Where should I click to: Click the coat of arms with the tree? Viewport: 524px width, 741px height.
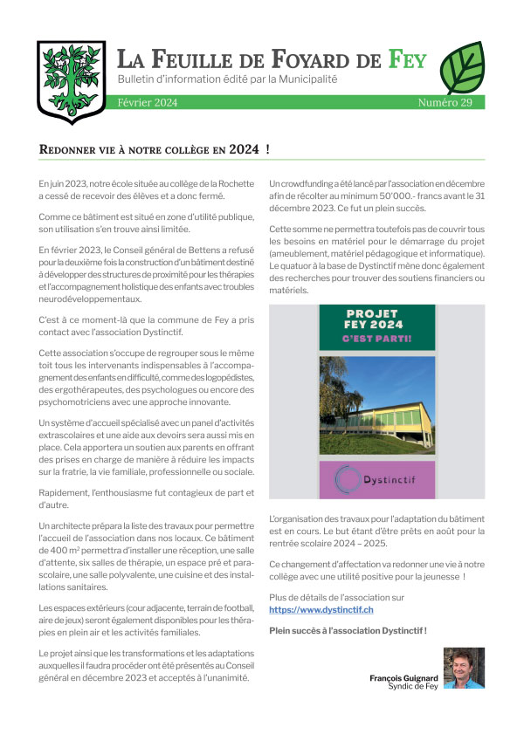(x=71, y=81)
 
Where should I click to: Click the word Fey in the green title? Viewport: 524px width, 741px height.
(x=408, y=60)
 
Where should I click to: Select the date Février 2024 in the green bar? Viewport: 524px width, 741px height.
(x=148, y=103)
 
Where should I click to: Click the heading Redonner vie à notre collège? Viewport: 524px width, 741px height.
(x=155, y=149)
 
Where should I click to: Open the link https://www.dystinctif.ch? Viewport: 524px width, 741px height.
(x=321, y=608)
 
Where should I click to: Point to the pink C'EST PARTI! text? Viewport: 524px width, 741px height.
(x=377, y=338)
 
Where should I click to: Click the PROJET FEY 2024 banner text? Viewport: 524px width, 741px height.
(x=377, y=319)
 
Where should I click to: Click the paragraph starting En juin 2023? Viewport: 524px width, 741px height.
(x=146, y=190)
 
